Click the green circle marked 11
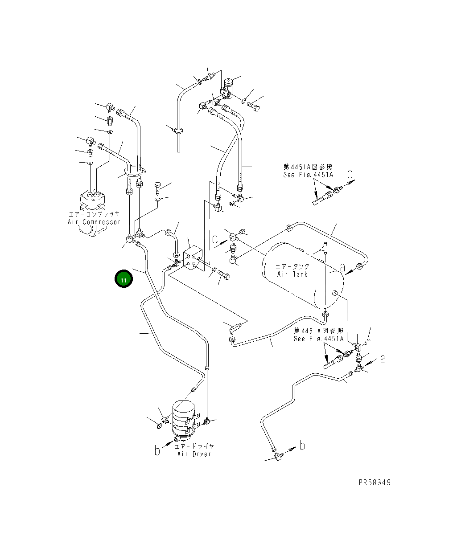pos(124,279)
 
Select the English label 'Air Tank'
pos(292,274)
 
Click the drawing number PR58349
pos(374,482)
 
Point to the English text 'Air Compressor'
pos(94,222)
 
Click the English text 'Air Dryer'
pos(194,454)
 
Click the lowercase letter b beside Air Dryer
pos(157,450)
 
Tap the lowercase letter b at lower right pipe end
pos(302,445)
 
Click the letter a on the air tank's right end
pos(342,267)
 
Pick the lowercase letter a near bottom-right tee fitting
pos(383,359)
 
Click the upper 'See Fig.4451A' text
pos(308,175)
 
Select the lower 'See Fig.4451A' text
pos(318,339)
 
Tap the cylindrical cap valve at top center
pos(229,84)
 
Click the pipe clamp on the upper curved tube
pos(178,131)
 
